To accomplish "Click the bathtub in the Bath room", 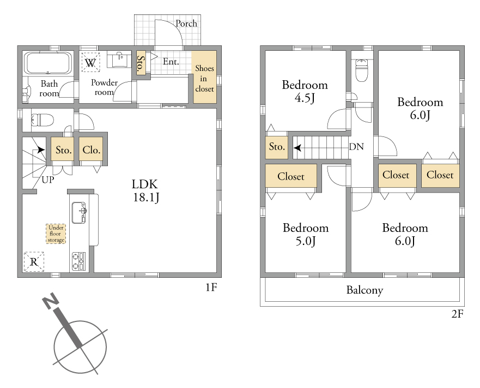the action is (x=48, y=63).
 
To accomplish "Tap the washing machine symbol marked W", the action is (x=90, y=63).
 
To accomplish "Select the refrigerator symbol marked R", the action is (x=34, y=261).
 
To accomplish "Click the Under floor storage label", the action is (x=56, y=234).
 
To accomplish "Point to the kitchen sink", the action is (x=79, y=213).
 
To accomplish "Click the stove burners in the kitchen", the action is (x=78, y=261).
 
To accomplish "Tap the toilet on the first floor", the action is (x=42, y=120).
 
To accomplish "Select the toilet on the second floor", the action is (x=362, y=70).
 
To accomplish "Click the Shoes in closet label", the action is (x=204, y=79).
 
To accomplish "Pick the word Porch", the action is (x=186, y=23).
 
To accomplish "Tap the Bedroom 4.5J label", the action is (x=305, y=91).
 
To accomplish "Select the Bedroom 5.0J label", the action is (x=306, y=235).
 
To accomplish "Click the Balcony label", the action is (x=364, y=290).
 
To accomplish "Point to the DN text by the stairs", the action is (x=356, y=147).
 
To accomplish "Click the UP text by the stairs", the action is (x=48, y=180).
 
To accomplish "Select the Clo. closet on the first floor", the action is (x=91, y=149).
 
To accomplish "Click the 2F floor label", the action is (x=457, y=314).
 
